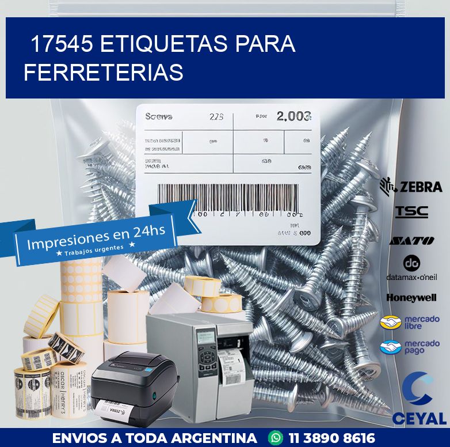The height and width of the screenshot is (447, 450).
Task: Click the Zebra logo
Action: click(x=411, y=186)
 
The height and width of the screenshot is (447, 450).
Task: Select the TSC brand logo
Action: click(x=411, y=211)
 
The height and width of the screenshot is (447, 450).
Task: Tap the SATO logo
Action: click(x=411, y=240)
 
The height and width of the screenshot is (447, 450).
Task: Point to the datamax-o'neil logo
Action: click(x=411, y=268)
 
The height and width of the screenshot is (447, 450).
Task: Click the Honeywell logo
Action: click(x=411, y=298)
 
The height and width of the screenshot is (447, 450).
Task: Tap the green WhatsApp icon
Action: click(x=277, y=438)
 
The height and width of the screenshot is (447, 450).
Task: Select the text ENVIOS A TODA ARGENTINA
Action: click(x=154, y=438)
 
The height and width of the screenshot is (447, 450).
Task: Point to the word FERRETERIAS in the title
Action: click(x=104, y=73)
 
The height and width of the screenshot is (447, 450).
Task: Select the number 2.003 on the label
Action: click(x=293, y=116)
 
